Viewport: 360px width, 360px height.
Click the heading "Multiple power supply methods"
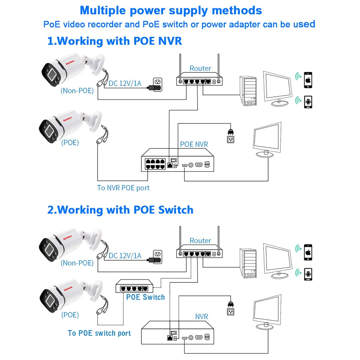click(171, 10)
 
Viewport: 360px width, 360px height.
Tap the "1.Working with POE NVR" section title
click(115, 40)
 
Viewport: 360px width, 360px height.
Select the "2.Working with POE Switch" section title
click(120, 210)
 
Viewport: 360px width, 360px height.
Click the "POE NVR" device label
click(194, 144)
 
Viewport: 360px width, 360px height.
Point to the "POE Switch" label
click(145, 297)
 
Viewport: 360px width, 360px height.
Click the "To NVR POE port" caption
click(123, 188)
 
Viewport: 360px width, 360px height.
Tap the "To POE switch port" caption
click(99, 333)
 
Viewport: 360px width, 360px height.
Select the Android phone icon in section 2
click(308, 273)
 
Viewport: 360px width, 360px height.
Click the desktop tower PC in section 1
click(248, 91)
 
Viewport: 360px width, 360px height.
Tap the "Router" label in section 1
click(200, 68)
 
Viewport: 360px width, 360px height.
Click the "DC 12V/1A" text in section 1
click(125, 83)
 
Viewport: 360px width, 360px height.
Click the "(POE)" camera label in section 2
click(70, 315)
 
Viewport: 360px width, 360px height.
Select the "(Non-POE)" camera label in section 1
click(77, 90)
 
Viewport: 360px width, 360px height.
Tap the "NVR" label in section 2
click(201, 317)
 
